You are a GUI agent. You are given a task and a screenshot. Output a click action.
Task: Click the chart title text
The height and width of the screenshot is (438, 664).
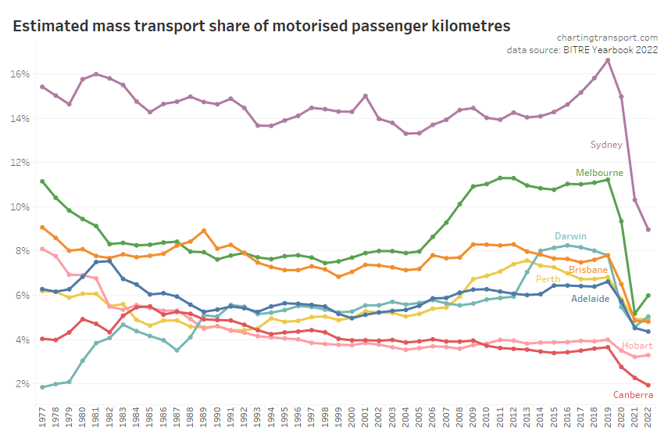click(x=262, y=25)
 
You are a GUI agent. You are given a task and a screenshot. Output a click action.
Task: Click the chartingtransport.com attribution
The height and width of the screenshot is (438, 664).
click(x=607, y=37)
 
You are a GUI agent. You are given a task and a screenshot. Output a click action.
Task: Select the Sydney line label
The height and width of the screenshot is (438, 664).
click(x=606, y=144)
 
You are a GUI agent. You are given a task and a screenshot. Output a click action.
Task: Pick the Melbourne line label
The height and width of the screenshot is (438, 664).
click(x=599, y=172)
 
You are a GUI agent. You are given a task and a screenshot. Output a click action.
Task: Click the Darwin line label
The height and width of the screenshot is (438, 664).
click(x=572, y=235)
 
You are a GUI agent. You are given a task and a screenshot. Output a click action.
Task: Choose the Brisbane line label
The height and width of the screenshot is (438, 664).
click(x=588, y=270)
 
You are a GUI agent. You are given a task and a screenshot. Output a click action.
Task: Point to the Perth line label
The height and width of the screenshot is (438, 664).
click(x=548, y=278)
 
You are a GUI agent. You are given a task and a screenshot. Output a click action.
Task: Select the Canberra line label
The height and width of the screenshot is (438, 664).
click(x=633, y=396)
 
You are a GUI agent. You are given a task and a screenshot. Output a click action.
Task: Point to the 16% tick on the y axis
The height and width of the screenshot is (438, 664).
click(x=20, y=74)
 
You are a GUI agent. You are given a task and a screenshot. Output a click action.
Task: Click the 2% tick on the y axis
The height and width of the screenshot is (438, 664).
click(x=23, y=384)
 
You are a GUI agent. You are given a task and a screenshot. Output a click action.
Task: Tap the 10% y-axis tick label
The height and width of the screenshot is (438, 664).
click(x=20, y=207)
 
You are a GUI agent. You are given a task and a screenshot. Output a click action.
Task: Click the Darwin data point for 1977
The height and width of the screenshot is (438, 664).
click(x=42, y=387)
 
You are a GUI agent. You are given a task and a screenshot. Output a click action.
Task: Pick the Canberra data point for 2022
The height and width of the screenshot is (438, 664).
click(x=648, y=385)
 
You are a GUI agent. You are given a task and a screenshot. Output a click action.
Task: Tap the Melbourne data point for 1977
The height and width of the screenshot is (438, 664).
click(x=42, y=181)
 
